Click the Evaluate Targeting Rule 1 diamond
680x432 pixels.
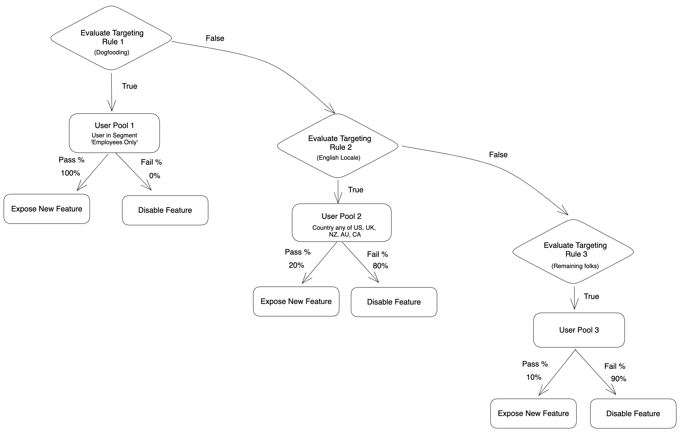click(111, 38)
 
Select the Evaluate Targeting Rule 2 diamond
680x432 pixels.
click(338, 146)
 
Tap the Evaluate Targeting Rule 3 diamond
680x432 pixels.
click(573, 251)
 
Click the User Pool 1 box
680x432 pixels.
click(114, 133)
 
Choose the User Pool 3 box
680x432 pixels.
click(579, 330)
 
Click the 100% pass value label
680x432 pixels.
click(70, 173)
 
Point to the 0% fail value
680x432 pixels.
click(154, 176)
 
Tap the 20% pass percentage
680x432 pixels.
click(296, 265)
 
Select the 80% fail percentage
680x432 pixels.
click(380, 266)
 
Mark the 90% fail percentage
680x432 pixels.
click(618, 379)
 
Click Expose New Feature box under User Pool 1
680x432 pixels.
click(47, 209)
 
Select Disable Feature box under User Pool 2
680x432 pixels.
click(394, 302)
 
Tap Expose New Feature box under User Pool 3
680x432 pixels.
click(533, 413)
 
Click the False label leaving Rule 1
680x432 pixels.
click(215, 38)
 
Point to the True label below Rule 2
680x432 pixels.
click(355, 190)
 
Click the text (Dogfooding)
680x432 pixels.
click(112, 52)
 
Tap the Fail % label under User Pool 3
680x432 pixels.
click(615, 366)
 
